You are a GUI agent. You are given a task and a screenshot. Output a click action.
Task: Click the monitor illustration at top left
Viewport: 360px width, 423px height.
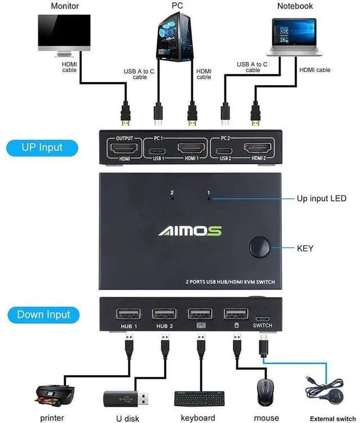point(64,34)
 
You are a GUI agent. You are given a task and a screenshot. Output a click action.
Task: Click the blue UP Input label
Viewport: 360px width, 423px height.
point(42,148)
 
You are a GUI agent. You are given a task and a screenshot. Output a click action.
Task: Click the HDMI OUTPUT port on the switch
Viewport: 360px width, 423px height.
point(123,149)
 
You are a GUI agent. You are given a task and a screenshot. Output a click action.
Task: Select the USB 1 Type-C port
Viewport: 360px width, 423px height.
point(159,150)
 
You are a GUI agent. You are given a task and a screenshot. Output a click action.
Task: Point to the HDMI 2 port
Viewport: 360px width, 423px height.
point(259,149)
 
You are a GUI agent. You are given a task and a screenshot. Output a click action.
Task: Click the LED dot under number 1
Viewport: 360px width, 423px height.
point(209,199)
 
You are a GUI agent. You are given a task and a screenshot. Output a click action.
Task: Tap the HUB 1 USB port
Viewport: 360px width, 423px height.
point(124,314)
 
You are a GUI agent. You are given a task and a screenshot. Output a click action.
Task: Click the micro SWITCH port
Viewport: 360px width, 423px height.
point(262,317)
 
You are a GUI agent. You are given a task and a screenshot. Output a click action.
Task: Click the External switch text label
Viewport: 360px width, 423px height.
point(332,418)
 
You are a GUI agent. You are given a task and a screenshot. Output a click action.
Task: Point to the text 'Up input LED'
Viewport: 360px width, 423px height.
point(321,199)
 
